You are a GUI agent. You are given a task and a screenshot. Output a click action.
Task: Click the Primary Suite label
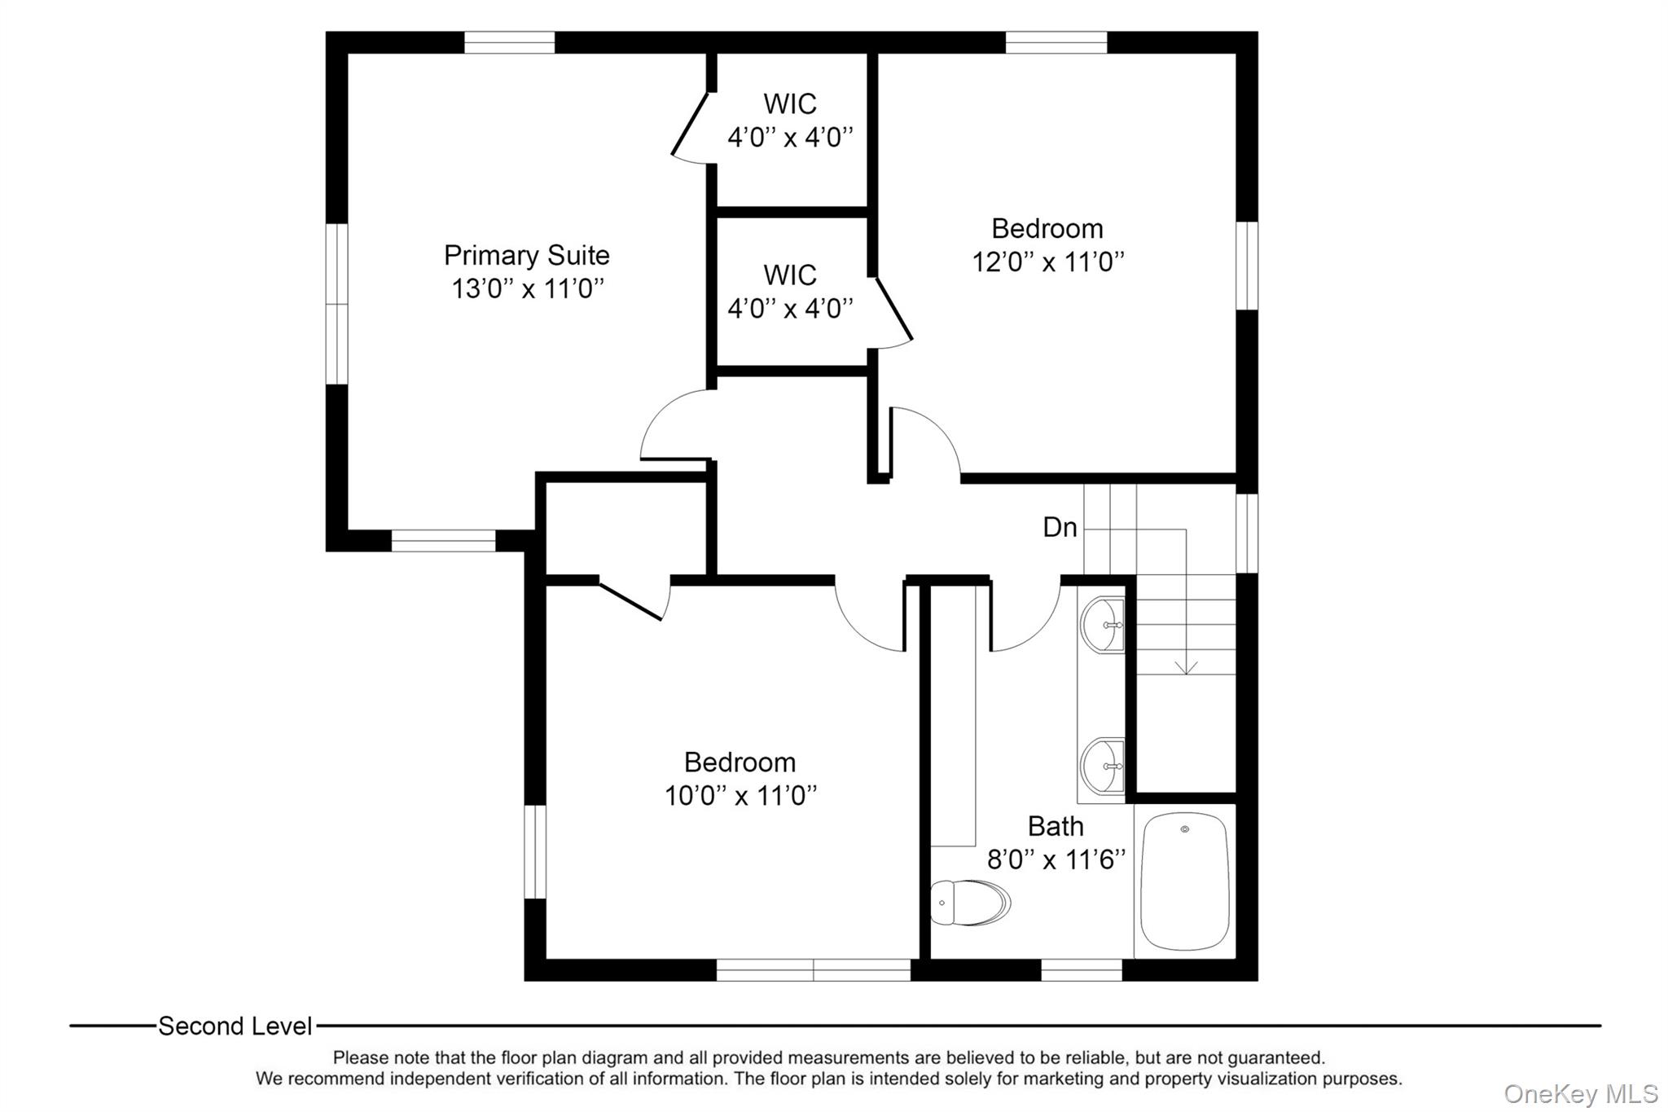click(x=526, y=255)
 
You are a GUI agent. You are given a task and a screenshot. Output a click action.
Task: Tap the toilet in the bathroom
click(x=969, y=903)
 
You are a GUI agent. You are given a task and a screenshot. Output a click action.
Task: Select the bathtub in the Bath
click(x=1184, y=881)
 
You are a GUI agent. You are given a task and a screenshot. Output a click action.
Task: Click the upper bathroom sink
click(x=1102, y=625)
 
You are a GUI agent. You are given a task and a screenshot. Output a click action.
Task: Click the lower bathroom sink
click(x=1102, y=766)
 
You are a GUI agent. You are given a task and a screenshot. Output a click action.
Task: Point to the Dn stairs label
click(x=1060, y=528)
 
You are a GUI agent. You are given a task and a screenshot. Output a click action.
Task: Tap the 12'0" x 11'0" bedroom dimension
click(x=1047, y=262)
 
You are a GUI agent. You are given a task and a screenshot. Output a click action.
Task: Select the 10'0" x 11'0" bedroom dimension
click(x=740, y=796)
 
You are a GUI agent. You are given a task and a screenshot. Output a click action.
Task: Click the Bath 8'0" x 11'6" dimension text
click(x=1056, y=859)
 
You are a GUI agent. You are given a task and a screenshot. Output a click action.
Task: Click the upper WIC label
click(x=789, y=104)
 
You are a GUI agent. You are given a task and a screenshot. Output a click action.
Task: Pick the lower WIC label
click(x=789, y=275)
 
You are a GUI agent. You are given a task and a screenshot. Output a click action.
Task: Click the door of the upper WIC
click(x=689, y=124)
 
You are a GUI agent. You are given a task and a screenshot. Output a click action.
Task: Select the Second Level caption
click(x=235, y=1026)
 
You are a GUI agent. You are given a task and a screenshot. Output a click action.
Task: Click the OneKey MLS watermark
click(x=1580, y=1093)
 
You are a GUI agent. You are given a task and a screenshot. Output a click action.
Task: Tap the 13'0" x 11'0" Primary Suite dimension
click(x=528, y=289)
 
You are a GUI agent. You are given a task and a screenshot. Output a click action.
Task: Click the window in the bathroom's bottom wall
click(x=1082, y=969)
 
